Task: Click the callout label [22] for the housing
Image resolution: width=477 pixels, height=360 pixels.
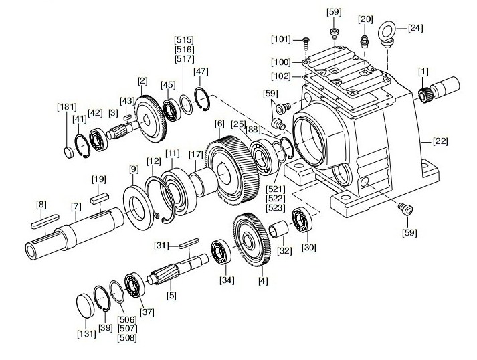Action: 440,141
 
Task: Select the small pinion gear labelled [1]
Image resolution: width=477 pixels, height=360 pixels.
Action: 424,95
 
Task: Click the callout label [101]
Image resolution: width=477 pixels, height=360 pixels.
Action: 281,39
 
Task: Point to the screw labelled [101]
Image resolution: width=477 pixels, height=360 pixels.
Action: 306,43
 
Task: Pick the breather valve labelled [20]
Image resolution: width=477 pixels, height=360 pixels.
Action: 364,41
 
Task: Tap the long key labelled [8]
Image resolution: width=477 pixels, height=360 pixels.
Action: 45,221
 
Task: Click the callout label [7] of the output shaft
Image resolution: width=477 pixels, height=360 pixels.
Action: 76,207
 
